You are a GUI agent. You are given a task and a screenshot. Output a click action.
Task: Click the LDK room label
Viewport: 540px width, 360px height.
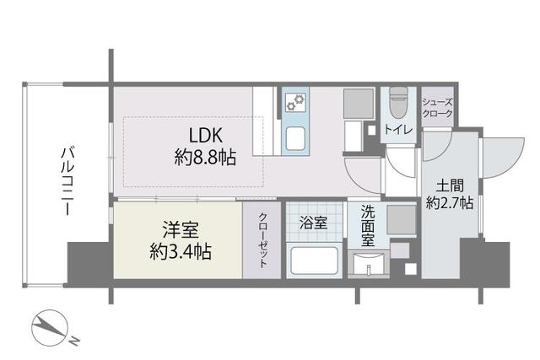206,135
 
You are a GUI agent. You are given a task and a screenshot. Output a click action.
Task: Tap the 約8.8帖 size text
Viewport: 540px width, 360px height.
205,158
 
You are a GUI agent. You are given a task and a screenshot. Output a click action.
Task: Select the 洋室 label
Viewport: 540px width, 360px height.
181,230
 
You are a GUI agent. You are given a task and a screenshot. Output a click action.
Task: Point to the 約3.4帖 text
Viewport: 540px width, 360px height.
181,252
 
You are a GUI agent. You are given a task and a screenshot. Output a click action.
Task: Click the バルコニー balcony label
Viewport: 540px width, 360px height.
68,181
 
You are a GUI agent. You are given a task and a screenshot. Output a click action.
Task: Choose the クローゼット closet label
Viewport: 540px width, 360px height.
263,240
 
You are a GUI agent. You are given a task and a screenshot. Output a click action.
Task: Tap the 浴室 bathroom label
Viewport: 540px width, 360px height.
313,223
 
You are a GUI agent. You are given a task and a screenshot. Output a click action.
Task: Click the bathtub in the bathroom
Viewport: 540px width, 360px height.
314,261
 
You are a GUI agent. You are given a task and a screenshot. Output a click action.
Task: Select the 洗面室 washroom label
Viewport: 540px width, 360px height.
368,226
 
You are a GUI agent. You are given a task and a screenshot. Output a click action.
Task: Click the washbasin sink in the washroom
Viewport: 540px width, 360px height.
368,265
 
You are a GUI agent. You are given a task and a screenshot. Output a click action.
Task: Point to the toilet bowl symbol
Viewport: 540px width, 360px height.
398,103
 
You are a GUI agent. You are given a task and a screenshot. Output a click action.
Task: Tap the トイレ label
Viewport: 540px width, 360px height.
398,129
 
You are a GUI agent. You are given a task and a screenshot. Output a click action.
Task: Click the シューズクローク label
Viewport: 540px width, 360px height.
438,108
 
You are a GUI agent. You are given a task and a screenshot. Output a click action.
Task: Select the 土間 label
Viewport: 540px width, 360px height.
450,186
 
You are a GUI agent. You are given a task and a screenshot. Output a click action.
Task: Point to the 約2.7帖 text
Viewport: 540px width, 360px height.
450,202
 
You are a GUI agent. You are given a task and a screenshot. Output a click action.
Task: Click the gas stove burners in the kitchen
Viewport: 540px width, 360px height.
296,101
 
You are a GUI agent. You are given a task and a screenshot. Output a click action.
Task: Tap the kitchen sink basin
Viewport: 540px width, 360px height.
295,138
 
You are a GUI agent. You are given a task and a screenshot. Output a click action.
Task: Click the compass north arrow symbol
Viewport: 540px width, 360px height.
49,325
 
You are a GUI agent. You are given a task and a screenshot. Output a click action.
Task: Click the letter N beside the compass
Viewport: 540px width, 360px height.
75,341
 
